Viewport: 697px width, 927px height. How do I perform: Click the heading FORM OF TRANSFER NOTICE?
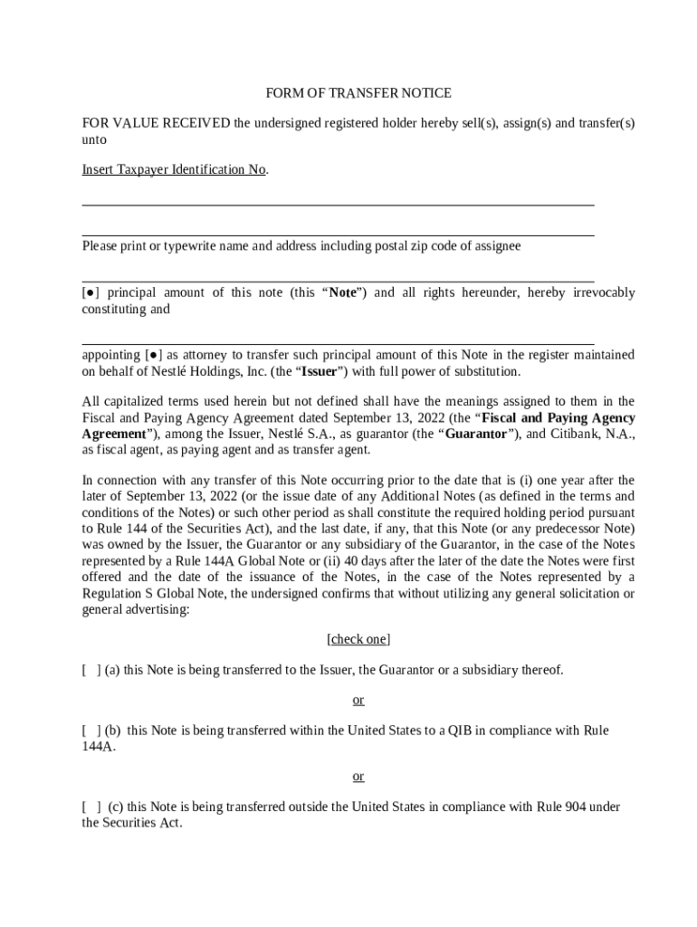pyautogui.click(x=358, y=93)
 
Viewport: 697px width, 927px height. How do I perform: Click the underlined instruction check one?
pyautogui.click(x=358, y=639)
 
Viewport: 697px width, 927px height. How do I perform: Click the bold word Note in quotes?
pyautogui.click(x=342, y=292)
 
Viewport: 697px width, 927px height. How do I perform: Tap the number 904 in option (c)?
pyautogui.click(x=573, y=807)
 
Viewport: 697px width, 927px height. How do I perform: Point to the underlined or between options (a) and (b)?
pyautogui.click(x=358, y=700)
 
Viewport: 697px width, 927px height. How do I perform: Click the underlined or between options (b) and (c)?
pyautogui.click(x=358, y=776)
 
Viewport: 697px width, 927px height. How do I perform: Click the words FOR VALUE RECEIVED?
pyautogui.click(x=156, y=123)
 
